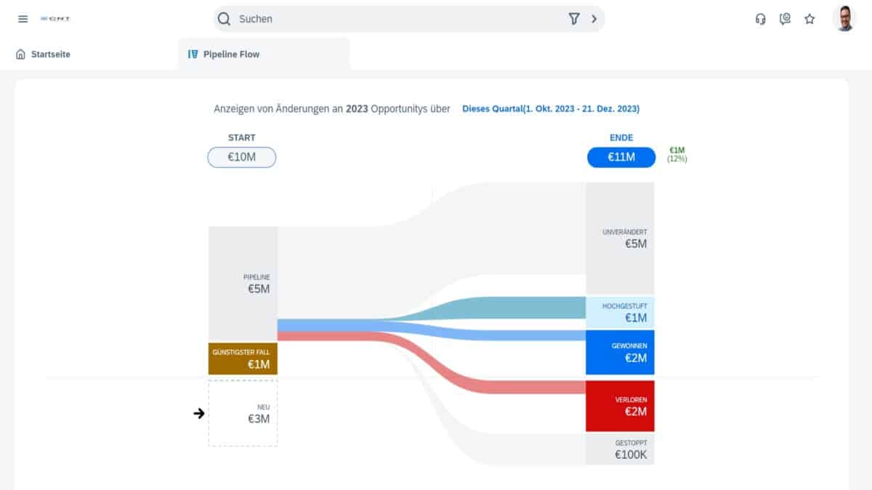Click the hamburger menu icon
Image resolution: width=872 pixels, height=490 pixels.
pos(23,19)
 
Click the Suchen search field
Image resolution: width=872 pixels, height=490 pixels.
pos(392,19)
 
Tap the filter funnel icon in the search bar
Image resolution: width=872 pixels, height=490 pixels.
pos(573,19)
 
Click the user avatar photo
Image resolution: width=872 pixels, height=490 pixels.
pos(844,19)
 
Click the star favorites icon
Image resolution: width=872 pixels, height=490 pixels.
pos(810,19)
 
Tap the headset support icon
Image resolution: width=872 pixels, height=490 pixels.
pos(761,19)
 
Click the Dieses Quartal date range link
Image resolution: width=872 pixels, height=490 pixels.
pos(551,109)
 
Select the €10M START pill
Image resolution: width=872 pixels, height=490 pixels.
pos(241,157)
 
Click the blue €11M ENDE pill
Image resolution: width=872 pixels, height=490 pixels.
pos(621,157)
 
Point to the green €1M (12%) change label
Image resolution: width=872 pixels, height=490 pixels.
pos(677,154)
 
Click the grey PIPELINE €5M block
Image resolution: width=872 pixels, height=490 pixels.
pos(243,283)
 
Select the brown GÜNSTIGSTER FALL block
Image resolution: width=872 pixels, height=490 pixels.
pos(243,359)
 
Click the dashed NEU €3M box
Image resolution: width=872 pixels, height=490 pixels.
pos(243,413)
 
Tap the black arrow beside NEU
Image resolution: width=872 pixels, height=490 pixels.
pos(199,414)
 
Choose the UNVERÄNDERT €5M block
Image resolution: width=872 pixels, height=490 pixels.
pos(620,238)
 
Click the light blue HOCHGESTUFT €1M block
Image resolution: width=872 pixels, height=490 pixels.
pos(620,312)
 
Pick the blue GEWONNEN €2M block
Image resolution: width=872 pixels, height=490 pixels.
pos(620,352)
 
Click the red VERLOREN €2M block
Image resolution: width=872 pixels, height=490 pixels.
pos(620,406)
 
